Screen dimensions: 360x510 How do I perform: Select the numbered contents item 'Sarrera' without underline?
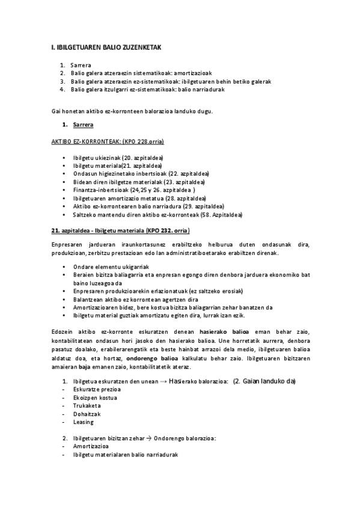(x=81, y=65)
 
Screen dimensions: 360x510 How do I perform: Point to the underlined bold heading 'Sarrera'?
(x=82, y=124)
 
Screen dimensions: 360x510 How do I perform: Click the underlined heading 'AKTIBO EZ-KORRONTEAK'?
(x=108, y=141)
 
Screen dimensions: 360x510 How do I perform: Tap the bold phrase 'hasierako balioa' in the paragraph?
(x=221, y=331)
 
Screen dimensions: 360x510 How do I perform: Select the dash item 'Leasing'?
(x=84, y=422)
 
